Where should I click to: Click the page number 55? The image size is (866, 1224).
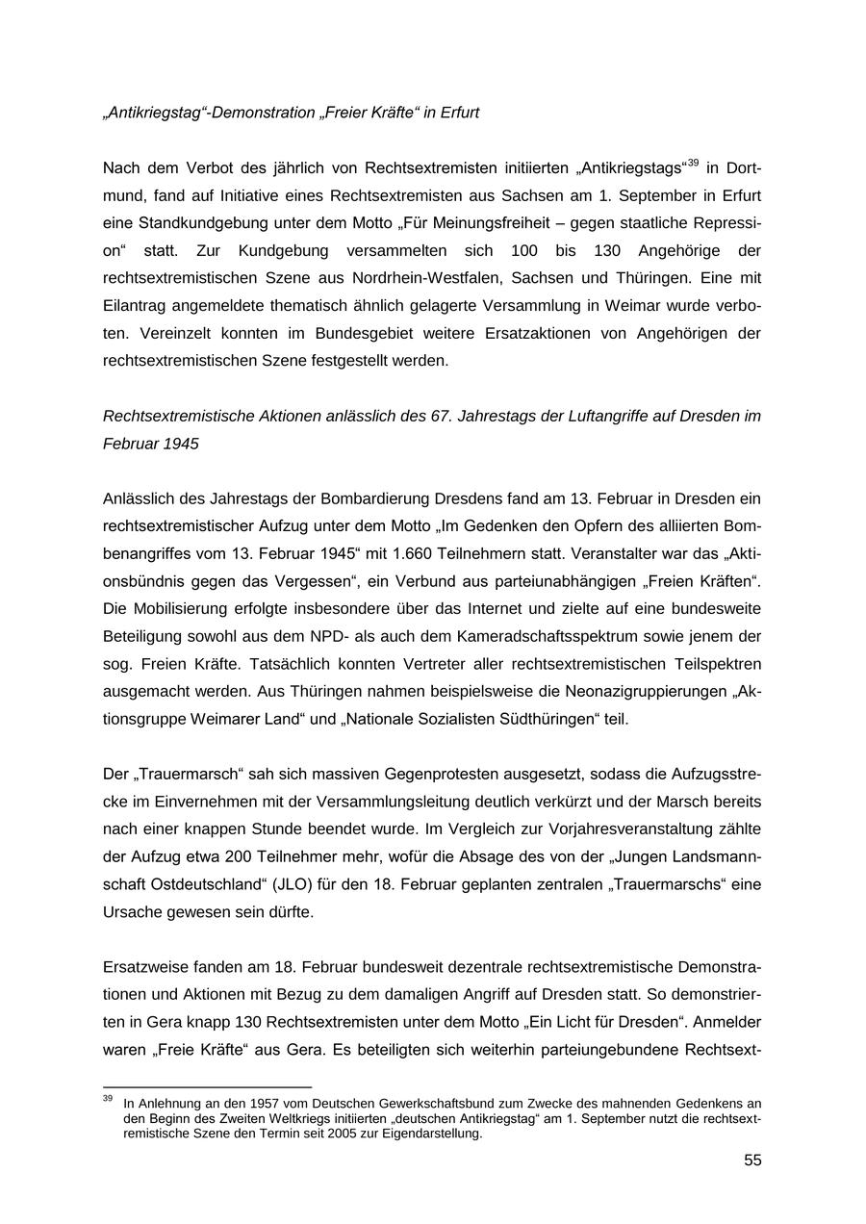click(x=751, y=1160)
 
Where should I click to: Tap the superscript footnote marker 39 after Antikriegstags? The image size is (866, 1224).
click(x=693, y=163)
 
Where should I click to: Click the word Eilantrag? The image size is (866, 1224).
click(x=141, y=306)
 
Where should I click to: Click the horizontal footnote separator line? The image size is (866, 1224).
click(x=207, y=1087)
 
